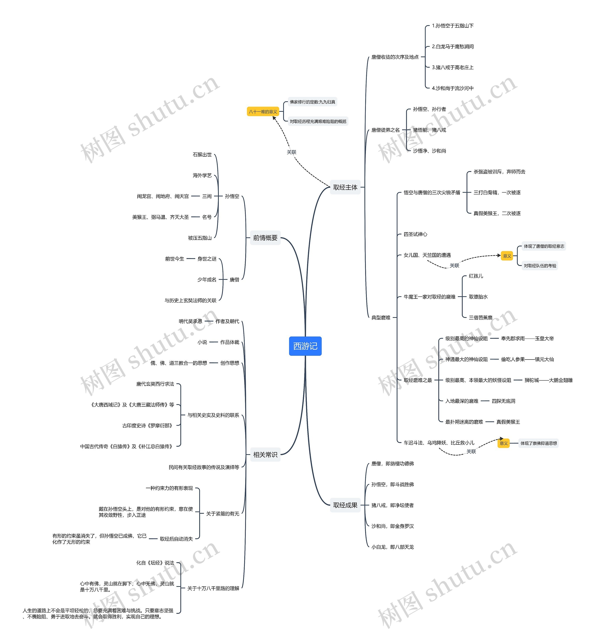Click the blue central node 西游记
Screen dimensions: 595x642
click(x=305, y=346)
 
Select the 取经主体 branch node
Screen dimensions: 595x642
click(x=345, y=187)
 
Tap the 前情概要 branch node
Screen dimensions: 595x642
click(x=265, y=238)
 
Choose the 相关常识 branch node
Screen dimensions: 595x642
click(x=265, y=454)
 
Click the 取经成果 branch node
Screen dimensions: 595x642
click(x=345, y=505)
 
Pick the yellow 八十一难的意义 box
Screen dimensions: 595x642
click(x=263, y=111)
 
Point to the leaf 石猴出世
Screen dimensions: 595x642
click(x=202, y=155)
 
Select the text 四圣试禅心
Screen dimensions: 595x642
click(x=415, y=234)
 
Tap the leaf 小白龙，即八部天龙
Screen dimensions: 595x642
click(x=393, y=547)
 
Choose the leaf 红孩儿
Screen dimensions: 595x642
click(x=476, y=276)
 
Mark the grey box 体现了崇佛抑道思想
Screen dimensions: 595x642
click(x=539, y=443)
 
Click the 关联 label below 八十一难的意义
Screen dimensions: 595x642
click(x=291, y=152)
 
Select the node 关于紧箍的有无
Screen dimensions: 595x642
click(x=222, y=514)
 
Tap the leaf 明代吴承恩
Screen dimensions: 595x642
click(x=190, y=321)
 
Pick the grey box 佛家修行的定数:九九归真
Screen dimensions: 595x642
click(x=312, y=102)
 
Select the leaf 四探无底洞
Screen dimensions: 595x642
click(x=503, y=401)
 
